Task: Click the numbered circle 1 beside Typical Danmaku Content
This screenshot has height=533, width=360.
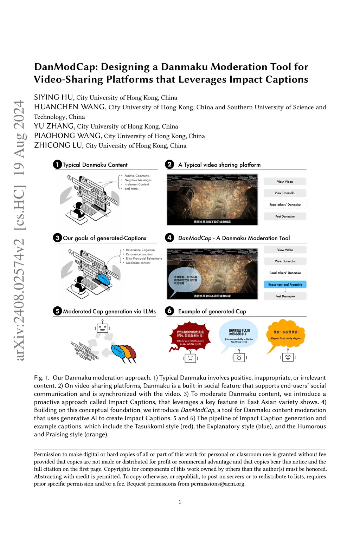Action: pyautogui.click(x=57, y=164)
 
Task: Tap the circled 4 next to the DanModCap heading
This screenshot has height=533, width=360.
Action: pyautogui.click(x=169, y=238)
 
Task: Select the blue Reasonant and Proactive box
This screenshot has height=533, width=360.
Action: pyautogui.click(x=285, y=285)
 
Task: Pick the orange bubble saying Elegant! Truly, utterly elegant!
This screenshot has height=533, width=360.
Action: pyautogui.click(x=286, y=334)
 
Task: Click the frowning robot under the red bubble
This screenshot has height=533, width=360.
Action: pyautogui.click(x=190, y=358)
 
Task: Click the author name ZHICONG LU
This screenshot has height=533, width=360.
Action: pyautogui.click(x=58, y=145)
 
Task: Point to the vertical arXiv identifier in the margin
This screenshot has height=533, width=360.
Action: pyautogui.click(x=19, y=230)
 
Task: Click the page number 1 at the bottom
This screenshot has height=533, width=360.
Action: pyautogui.click(x=180, y=502)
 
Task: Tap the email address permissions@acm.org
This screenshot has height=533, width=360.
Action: pyautogui.click(x=218, y=484)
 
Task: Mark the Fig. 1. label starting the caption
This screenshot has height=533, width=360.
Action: pyautogui.click(x=41, y=378)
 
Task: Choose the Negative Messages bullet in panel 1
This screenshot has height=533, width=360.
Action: pyautogui.click(x=138, y=180)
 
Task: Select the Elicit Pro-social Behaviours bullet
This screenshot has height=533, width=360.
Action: pyautogui.click(x=144, y=259)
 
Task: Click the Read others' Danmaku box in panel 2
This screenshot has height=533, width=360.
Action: pyautogui.click(x=285, y=204)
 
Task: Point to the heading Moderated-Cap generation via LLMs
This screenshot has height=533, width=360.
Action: pyautogui.click(x=109, y=311)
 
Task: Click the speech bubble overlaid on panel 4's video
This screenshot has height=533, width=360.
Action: pyautogui.click(x=185, y=280)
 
